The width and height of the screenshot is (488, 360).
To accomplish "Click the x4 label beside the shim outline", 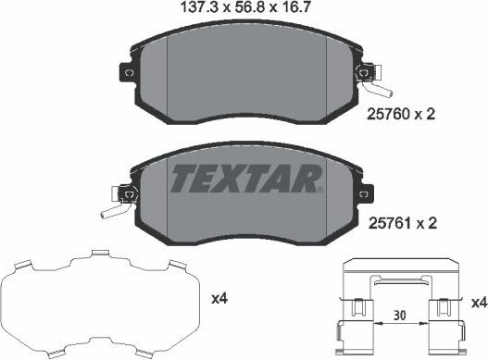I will [x=219, y=299].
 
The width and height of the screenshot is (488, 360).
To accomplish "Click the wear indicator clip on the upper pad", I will [x=372, y=75].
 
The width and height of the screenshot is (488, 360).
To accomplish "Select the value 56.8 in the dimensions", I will [x=244, y=10].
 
